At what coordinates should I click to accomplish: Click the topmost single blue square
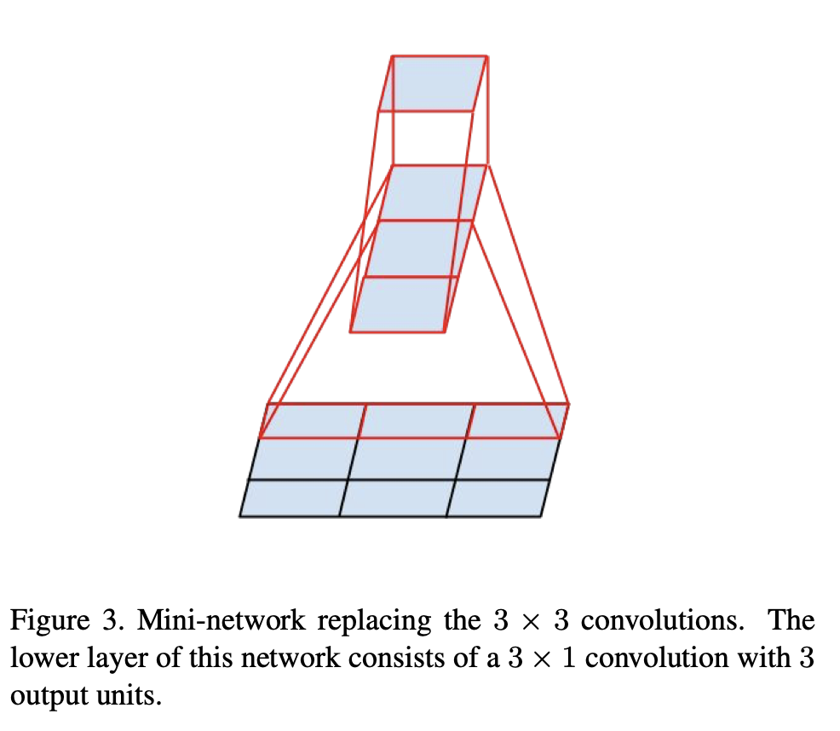point(433,83)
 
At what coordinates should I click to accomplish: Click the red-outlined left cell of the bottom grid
point(313,421)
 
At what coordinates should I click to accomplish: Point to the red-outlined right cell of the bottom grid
point(516,421)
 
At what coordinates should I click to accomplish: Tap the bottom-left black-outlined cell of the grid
point(292,498)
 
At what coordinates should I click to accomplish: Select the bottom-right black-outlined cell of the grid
point(495,498)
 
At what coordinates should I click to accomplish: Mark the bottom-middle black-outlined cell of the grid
point(394,498)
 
